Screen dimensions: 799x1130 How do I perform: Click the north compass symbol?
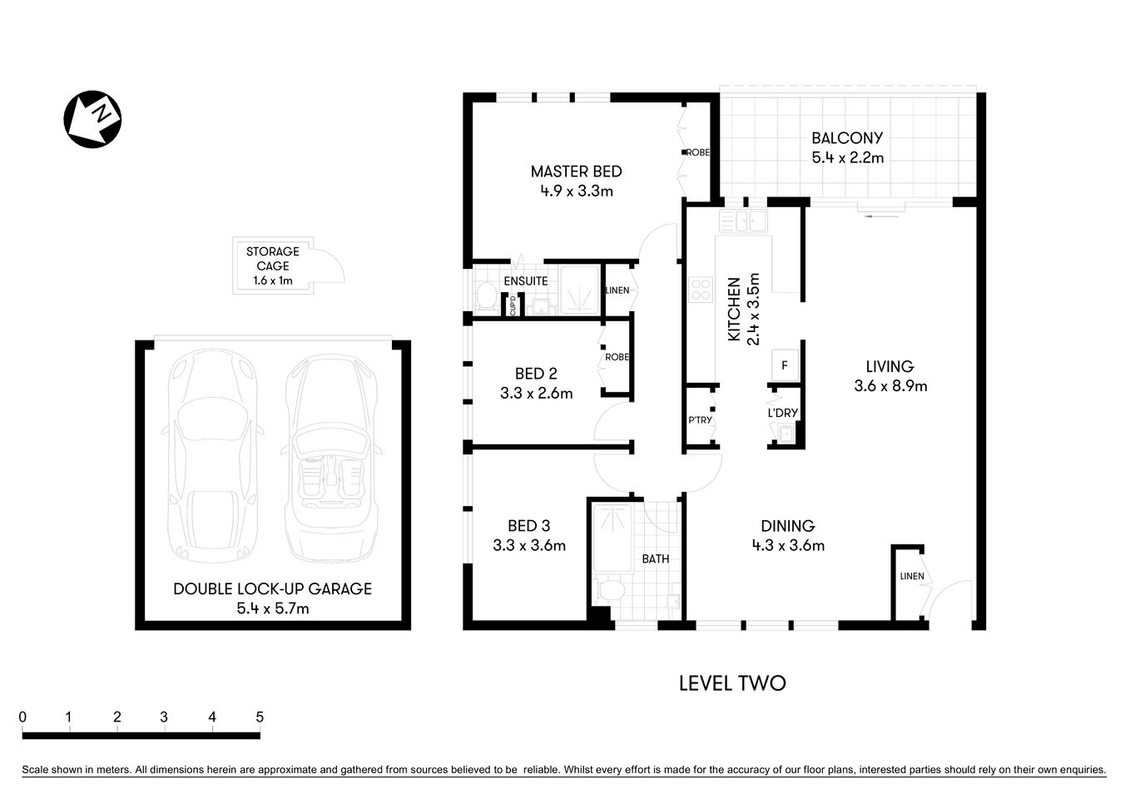click(93, 119)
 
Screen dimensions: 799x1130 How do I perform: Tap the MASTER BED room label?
click(576, 171)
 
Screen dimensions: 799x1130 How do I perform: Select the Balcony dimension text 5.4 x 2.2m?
click(847, 157)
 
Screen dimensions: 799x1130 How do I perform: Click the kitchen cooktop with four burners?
click(701, 289)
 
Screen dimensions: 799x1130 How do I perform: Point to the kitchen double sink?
click(743, 221)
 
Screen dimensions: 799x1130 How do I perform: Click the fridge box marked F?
click(784, 365)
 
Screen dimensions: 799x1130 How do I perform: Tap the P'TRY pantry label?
click(700, 420)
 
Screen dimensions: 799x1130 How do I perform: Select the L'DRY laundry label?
click(782, 413)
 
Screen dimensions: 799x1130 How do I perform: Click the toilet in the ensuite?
click(484, 295)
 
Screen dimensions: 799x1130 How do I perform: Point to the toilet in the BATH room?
click(611, 591)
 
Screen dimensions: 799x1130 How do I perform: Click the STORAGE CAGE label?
click(272, 259)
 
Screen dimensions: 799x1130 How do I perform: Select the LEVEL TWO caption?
click(731, 683)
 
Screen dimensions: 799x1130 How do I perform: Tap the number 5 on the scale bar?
click(260, 717)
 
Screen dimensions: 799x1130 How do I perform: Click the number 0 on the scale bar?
click(22, 717)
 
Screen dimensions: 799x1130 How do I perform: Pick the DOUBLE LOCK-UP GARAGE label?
click(272, 588)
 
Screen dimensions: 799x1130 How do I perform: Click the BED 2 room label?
click(535, 374)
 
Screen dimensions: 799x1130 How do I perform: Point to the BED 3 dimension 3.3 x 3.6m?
click(529, 546)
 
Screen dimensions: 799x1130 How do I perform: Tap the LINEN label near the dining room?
click(911, 576)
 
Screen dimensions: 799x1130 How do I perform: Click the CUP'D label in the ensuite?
click(513, 305)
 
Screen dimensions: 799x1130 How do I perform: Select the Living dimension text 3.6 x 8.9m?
click(890, 386)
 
